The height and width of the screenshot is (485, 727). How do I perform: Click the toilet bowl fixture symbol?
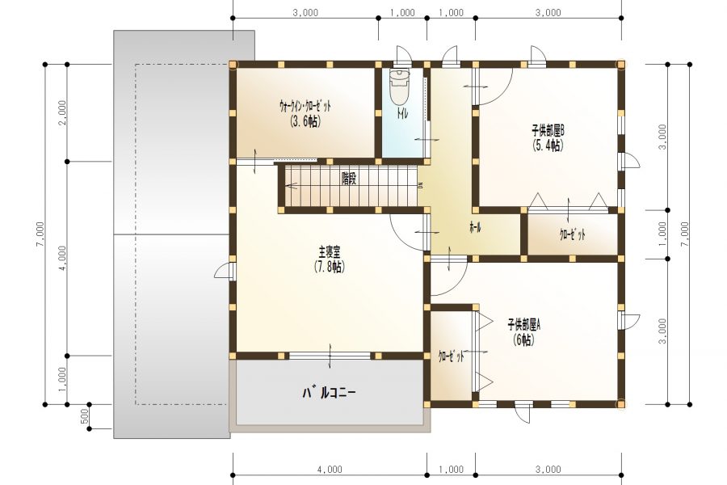coord(400,85)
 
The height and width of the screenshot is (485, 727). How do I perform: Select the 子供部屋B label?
coord(548,129)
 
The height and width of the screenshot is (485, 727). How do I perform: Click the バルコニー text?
coord(329,393)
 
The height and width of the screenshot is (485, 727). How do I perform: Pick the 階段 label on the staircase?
coord(349,179)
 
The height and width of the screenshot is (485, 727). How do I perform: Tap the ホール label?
coord(475,229)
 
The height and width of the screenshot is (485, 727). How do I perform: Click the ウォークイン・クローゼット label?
coord(305,106)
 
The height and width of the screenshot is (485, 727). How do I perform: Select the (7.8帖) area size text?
coord(330,267)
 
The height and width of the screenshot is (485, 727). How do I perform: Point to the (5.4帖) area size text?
coord(548,145)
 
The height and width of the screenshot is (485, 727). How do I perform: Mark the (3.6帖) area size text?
coord(305,121)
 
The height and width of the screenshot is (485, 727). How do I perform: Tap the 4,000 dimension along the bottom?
coord(330,469)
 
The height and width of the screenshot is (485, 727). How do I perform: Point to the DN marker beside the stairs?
coord(420,185)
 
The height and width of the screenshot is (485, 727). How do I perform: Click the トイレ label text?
coord(401,116)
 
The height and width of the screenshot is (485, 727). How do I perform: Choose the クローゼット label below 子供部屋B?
coord(572,234)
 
